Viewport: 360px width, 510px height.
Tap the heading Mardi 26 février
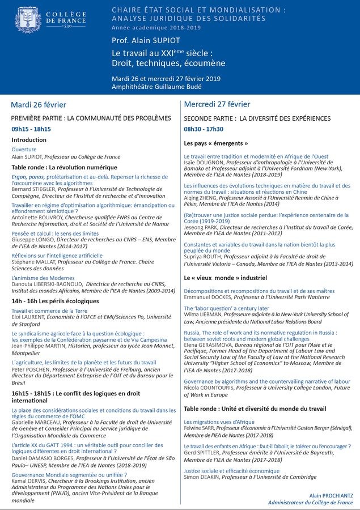click(39, 105)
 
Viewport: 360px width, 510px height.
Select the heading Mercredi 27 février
click(217, 105)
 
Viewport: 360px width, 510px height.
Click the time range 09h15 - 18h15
click(31, 129)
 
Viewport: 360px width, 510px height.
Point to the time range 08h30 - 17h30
click(204, 129)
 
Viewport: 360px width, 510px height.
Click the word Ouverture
click(24, 150)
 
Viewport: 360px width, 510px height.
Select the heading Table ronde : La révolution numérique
click(64, 168)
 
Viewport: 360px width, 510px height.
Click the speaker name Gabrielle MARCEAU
click(35, 422)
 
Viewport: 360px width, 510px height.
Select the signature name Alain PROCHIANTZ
click(331, 495)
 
